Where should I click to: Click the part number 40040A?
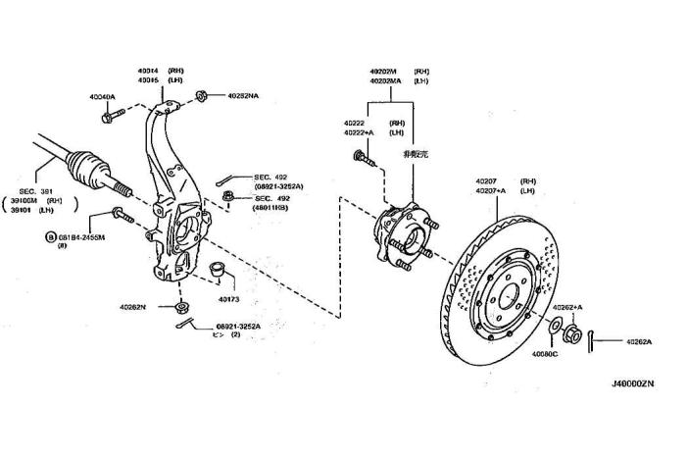[102, 97]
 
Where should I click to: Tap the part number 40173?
[229, 298]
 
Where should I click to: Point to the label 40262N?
[132, 307]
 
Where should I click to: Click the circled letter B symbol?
[50, 237]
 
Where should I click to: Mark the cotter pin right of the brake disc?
[594, 339]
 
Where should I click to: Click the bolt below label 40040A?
[109, 117]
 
